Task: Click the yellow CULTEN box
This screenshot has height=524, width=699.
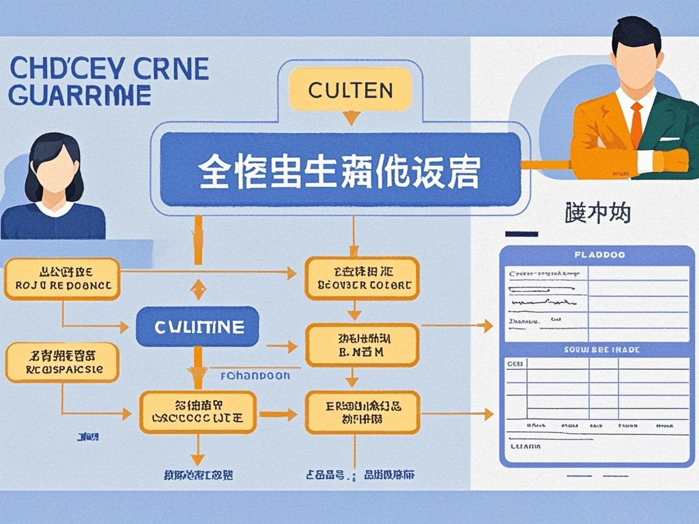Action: click(x=351, y=89)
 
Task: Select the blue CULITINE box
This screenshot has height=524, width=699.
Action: click(x=197, y=327)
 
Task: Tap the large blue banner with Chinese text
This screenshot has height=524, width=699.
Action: click(x=339, y=170)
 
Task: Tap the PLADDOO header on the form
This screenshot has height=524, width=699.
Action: click(x=599, y=254)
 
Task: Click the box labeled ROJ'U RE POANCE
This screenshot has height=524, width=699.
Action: click(x=62, y=278)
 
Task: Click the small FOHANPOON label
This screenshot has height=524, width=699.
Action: click(x=255, y=375)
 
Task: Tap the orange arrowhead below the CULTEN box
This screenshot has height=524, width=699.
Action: click(x=351, y=118)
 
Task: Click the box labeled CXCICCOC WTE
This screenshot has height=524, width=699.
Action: click(x=198, y=411)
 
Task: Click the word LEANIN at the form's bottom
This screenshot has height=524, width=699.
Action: click(x=526, y=446)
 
